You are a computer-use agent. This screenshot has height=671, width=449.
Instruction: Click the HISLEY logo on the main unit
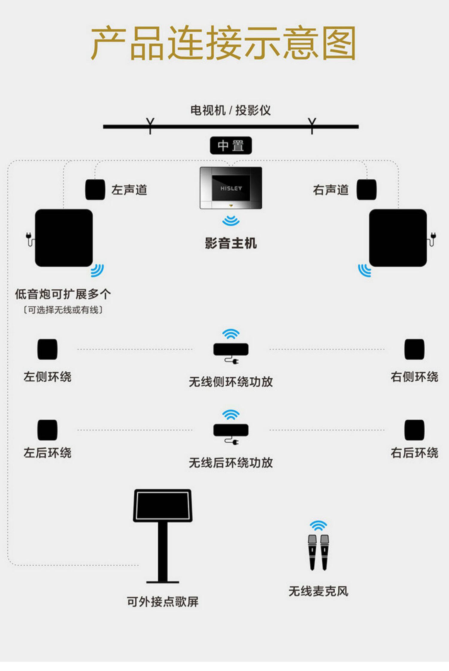pos(231,188)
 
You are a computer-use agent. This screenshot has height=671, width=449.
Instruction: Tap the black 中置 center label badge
pos(231,146)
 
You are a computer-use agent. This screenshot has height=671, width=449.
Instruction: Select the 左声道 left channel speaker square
pos(95,189)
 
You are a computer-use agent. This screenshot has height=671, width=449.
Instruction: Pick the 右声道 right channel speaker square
pos(366,189)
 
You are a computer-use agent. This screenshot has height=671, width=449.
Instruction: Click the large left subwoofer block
pos(64,238)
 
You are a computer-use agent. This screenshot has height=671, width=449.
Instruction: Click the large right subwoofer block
pos(398,238)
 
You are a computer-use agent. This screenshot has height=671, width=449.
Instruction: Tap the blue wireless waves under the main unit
pos(231,221)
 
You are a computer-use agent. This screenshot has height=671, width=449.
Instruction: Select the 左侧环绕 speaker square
pos(47,349)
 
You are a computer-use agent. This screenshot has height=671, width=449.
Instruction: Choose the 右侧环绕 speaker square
pos(414,349)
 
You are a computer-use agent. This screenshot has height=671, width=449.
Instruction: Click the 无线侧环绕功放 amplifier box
pos(231,349)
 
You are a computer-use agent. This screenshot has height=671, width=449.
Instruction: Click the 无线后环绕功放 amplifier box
pos(231,430)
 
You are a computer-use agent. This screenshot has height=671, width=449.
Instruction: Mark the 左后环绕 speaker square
pos(47,430)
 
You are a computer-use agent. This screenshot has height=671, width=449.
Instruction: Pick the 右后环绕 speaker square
pos(414,430)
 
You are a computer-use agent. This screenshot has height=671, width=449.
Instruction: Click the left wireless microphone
pos(312,552)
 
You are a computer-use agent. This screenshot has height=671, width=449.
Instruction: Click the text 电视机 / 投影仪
pos(230,110)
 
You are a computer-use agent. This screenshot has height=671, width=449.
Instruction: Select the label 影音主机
pos(231,243)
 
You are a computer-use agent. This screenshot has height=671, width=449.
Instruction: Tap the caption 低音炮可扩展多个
pos(63,294)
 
